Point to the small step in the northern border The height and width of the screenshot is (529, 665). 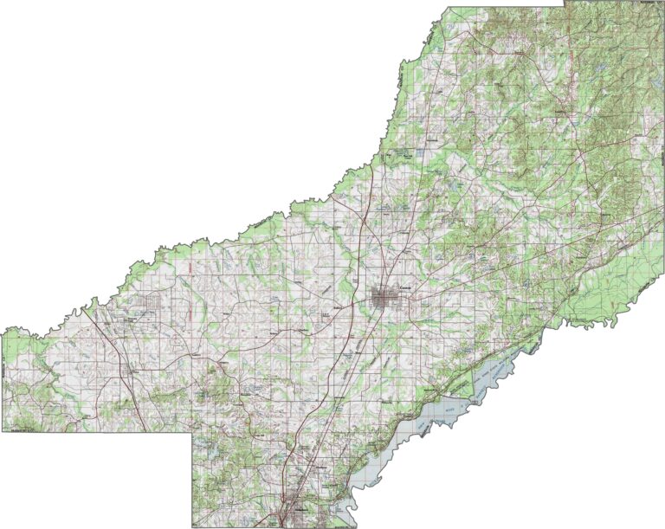(565, 6)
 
